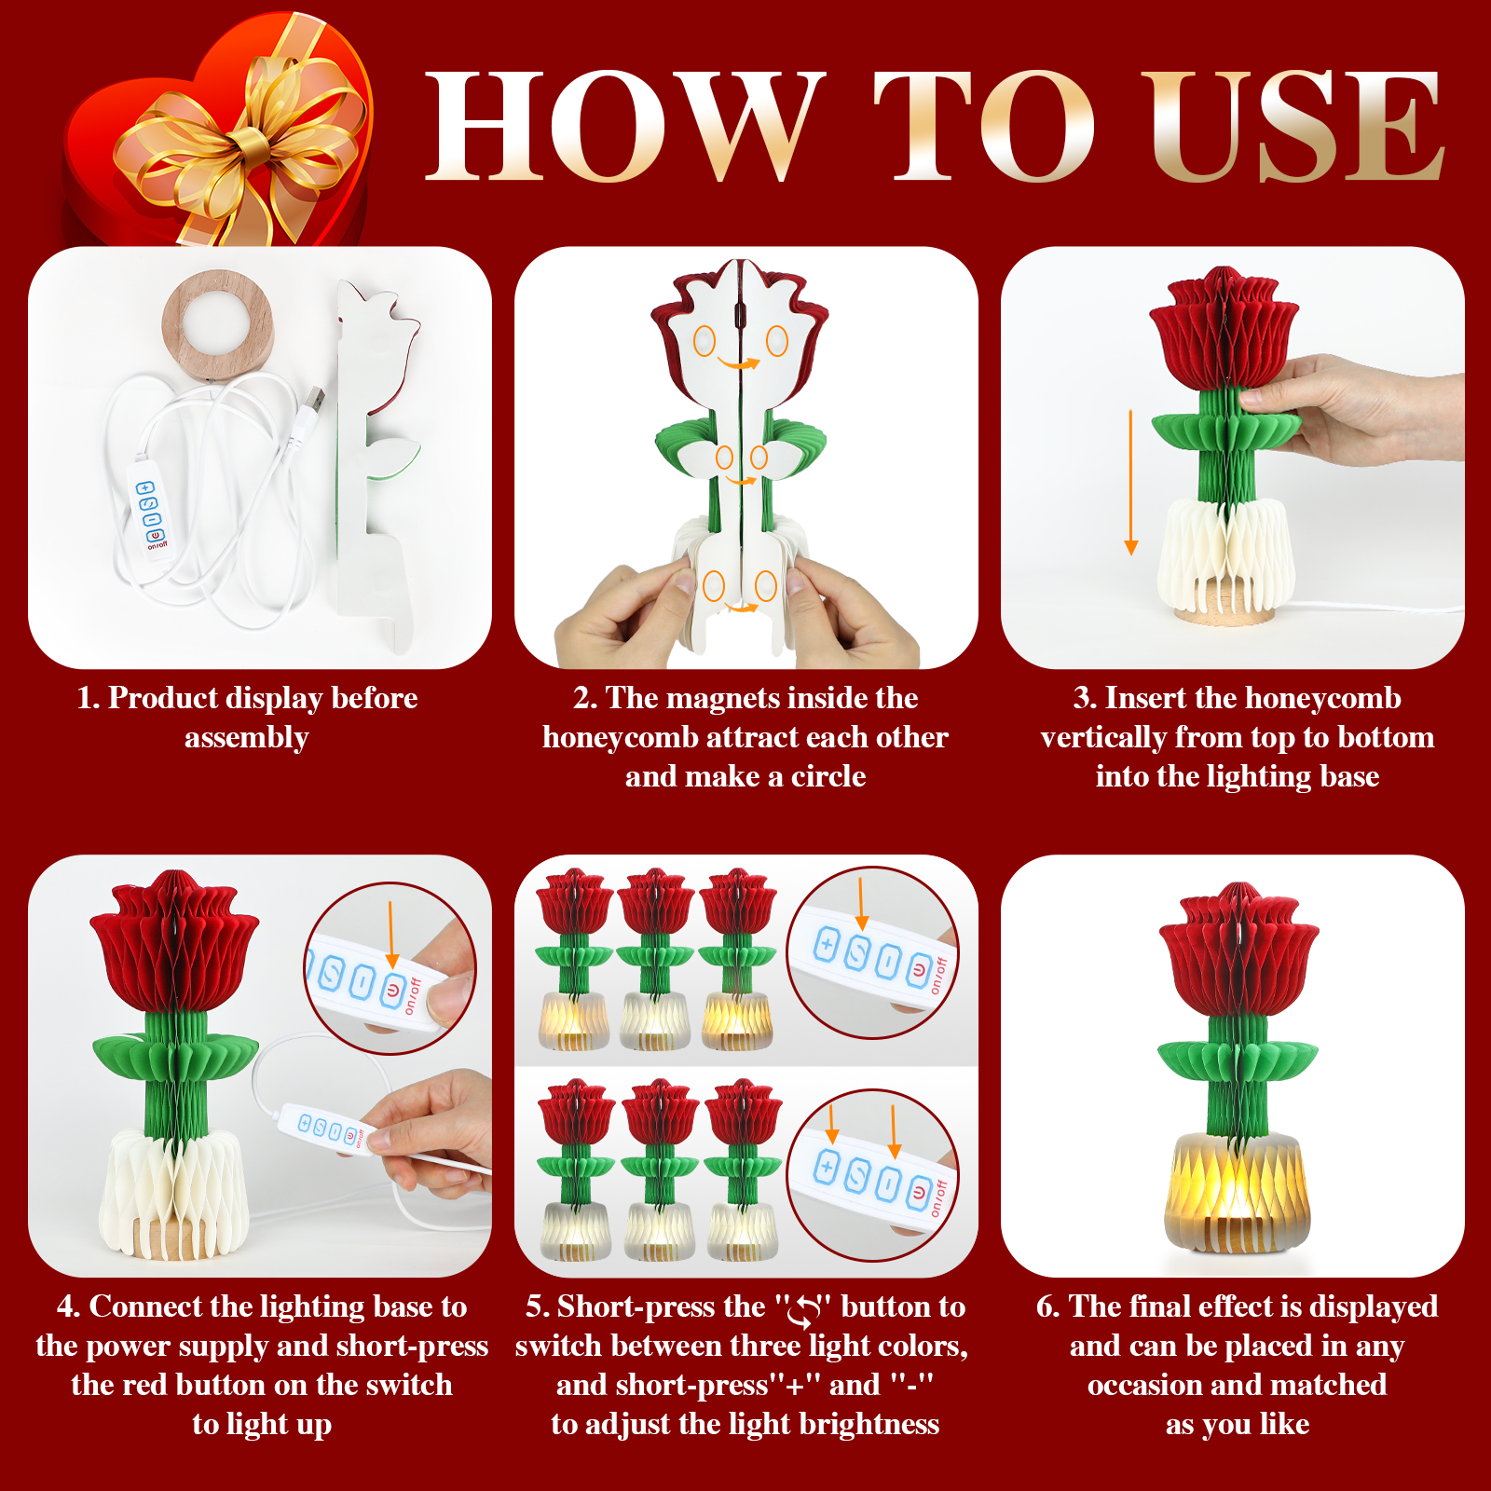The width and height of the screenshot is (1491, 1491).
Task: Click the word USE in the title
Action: [x=1295, y=126]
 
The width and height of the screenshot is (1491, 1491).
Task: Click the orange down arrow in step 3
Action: [x=1131, y=482]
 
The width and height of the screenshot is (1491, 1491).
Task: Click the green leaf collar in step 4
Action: [x=175, y=1059]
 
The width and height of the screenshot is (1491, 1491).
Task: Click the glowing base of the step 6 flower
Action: [x=1237, y=1192]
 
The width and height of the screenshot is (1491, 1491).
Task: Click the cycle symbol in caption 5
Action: [x=803, y=1311]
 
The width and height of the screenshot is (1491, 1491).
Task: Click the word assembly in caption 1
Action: [x=246, y=738]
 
